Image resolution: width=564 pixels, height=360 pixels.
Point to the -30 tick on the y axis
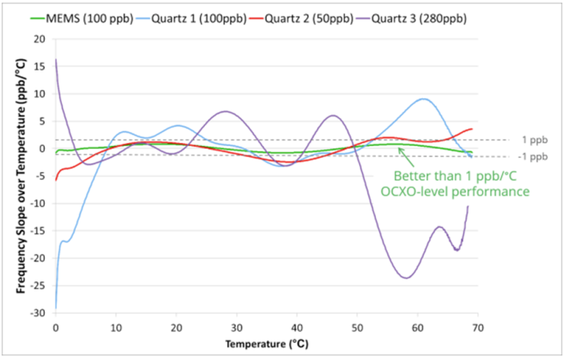(x=40, y=313)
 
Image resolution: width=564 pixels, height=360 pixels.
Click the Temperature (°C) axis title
(x=266, y=342)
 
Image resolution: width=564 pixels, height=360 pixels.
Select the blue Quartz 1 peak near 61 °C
(x=423, y=98)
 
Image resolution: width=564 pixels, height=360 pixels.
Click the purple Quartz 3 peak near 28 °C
(x=225, y=112)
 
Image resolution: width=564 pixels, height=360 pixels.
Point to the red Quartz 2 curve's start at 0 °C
(x=56, y=179)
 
